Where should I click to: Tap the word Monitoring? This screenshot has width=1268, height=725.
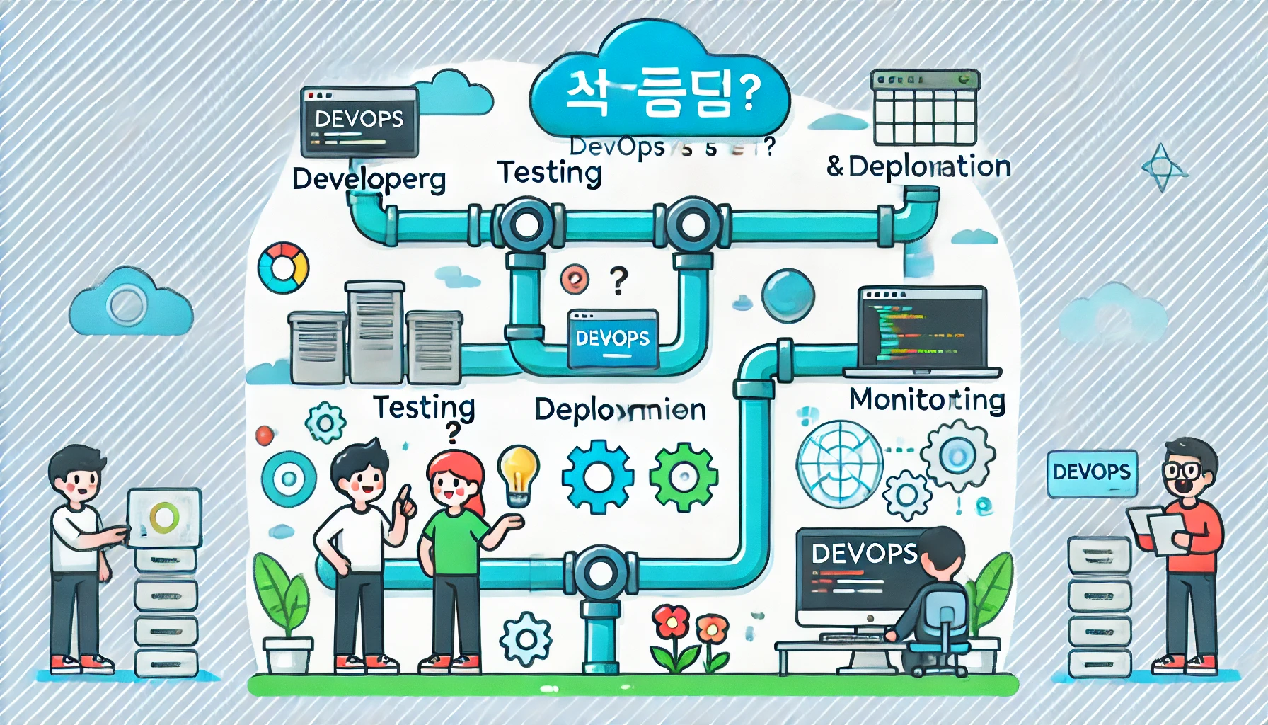click(x=927, y=399)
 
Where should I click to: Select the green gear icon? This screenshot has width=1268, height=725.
click(x=683, y=476)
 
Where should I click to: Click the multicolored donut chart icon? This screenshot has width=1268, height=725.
click(x=283, y=268)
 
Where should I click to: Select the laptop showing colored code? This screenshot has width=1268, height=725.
click(x=922, y=331)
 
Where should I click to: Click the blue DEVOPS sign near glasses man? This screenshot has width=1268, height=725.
click(x=1091, y=472)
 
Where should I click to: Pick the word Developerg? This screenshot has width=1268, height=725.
click(x=369, y=179)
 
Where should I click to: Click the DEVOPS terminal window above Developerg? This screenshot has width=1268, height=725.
click(x=359, y=122)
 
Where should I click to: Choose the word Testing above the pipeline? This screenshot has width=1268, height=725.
click(x=549, y=172)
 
